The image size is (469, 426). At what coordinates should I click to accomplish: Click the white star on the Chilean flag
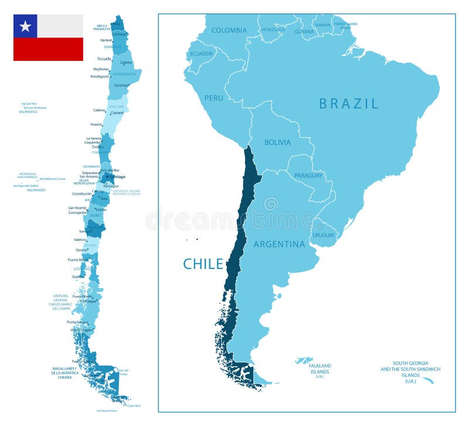click(x=25, y=26)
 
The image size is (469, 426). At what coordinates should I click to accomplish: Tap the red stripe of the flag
click(x=48, y=49)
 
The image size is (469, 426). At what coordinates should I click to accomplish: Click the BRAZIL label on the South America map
click(x=349, y=104)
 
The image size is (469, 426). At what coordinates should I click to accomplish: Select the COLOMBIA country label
click(x=229, y=30)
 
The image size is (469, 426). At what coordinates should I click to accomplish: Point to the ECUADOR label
click(x=201, y=54)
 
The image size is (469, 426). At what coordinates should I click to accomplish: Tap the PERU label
click(x=213, y=98)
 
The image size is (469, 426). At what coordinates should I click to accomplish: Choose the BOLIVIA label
click(x=277, y=142)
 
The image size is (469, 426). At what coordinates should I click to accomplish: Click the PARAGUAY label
click(x=308, y=175)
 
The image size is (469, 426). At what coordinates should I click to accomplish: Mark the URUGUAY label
click(x=324, y=235)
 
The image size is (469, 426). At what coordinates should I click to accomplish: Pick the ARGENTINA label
click(x=279, y=244)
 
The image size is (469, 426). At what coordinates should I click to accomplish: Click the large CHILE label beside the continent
click(x=203, y=264)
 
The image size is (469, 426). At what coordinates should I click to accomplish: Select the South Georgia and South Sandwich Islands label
click(x=410, y=372)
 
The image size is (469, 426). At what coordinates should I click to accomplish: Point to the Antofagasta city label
click(x=99, y=76)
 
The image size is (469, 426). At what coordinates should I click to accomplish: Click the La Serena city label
click(x=94, y=138)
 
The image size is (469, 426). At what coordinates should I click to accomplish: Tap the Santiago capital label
click(x=117, y=176)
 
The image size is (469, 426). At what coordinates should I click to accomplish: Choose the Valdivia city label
click(x=80, y=239)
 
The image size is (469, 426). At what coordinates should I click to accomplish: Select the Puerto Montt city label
click(x=77, y=260)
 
